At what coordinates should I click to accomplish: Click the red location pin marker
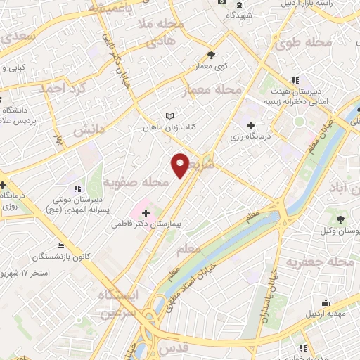coord(180,165)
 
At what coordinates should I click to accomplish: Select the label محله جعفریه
coord(319,262)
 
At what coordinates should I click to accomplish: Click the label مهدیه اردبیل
coord(336,314)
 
